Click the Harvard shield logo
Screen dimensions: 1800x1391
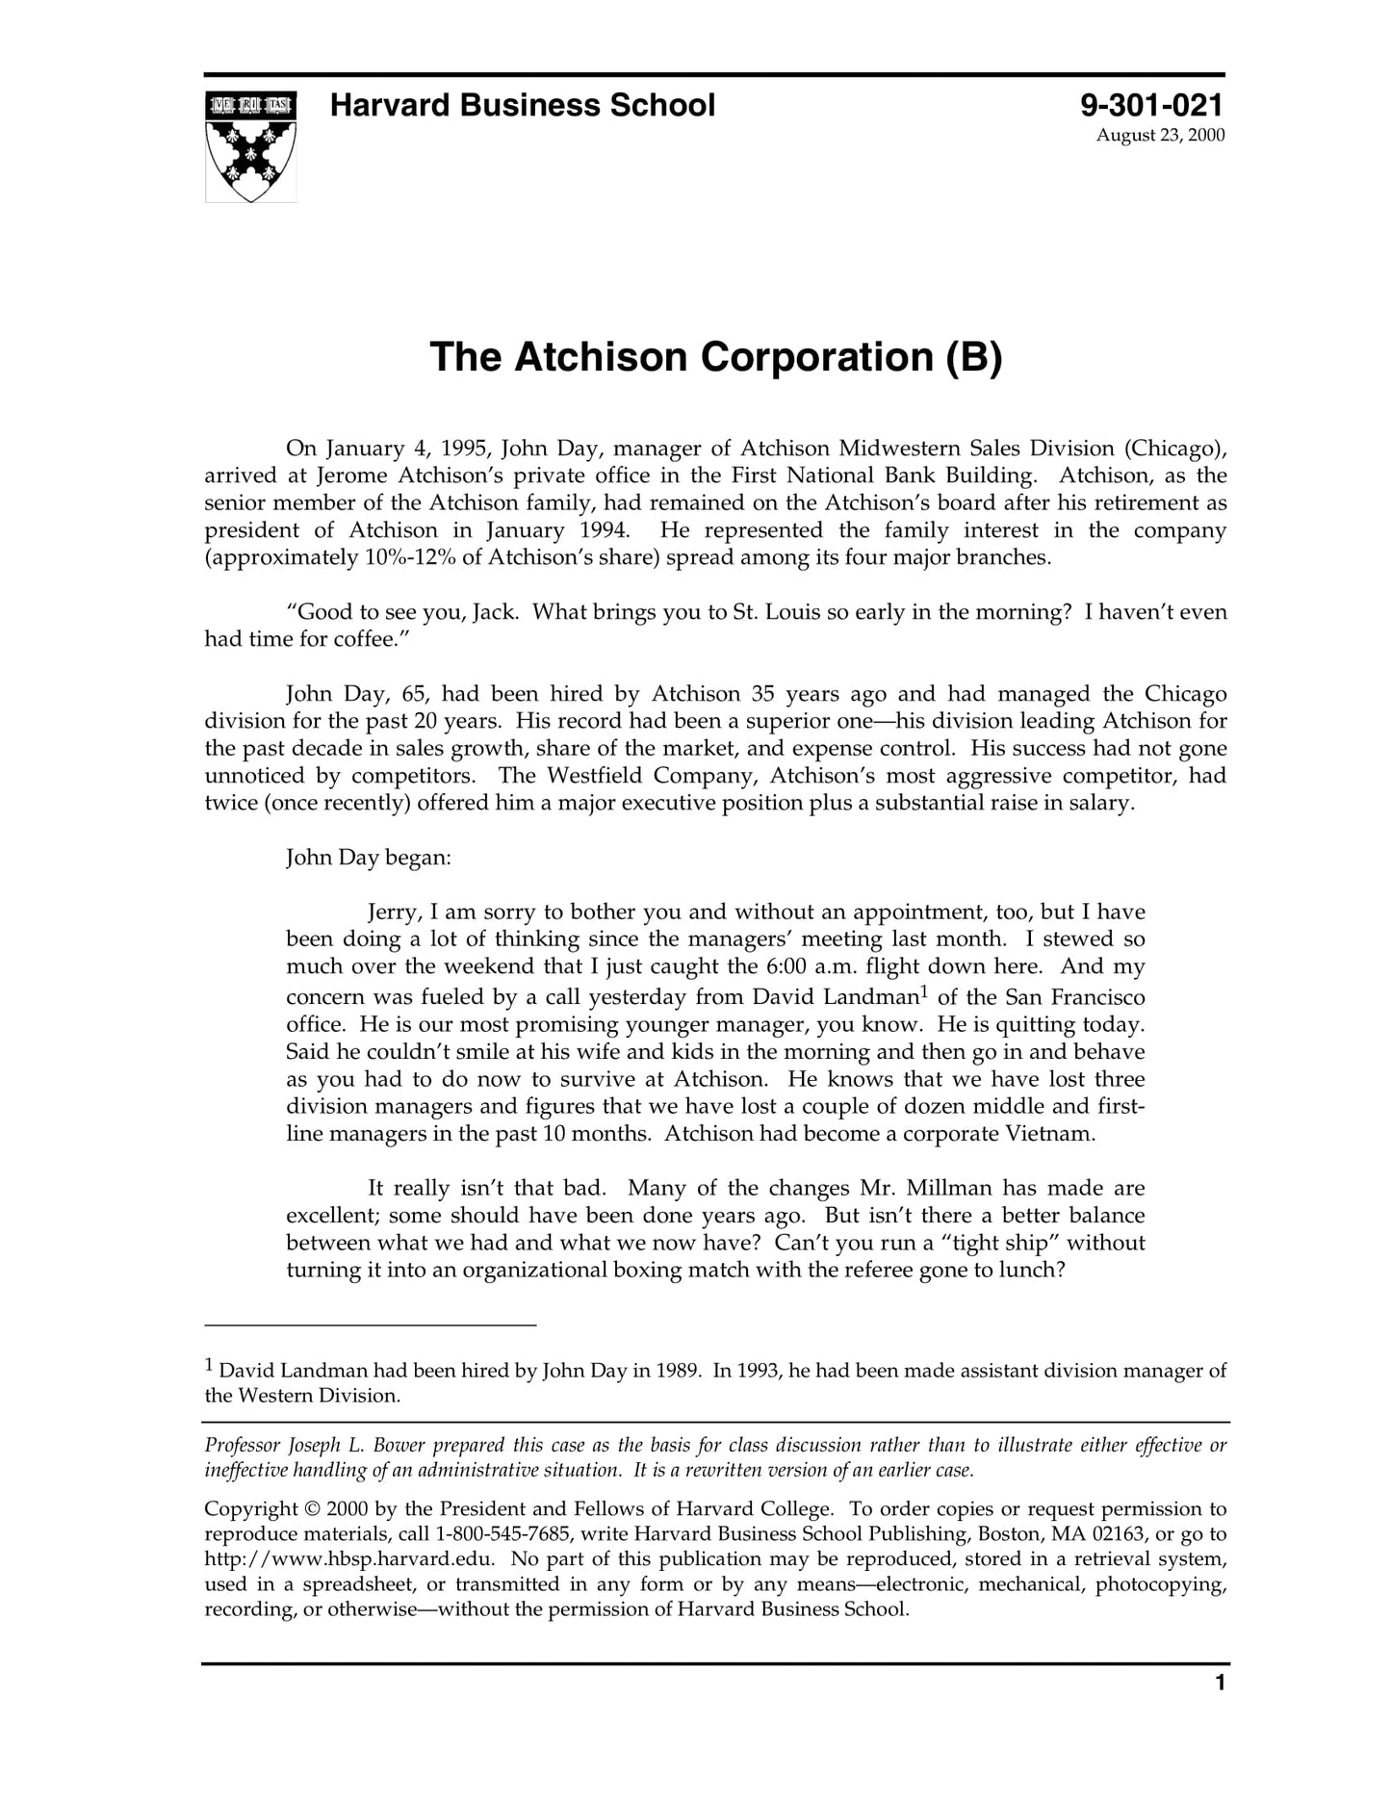pos(250,146)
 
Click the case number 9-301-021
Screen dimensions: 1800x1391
pos(1151,105)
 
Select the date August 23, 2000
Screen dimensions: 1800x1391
pos(1160,135)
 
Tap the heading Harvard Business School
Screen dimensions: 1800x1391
pos(522,105)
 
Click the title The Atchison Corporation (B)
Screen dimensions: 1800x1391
pos(715,357)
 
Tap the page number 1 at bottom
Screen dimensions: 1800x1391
pos(1220,1683)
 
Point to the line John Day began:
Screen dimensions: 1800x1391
pos(368,857)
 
